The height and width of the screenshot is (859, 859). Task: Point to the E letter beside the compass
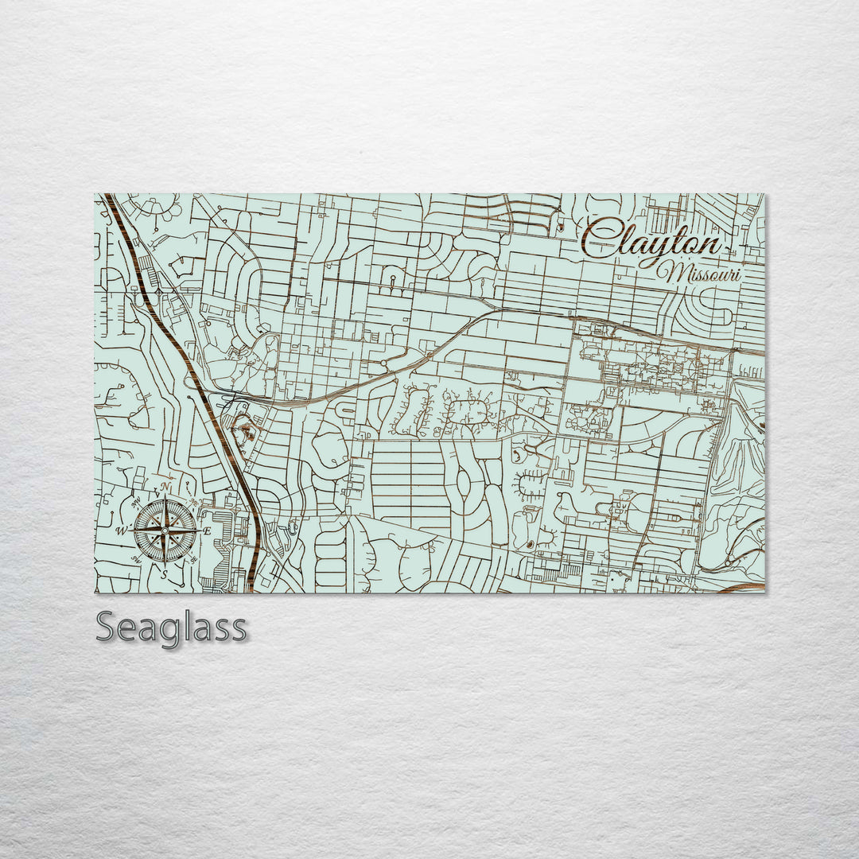207,531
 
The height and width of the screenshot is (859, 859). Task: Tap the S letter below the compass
165,573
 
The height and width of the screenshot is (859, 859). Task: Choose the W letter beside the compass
122,531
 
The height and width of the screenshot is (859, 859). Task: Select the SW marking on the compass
135,560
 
